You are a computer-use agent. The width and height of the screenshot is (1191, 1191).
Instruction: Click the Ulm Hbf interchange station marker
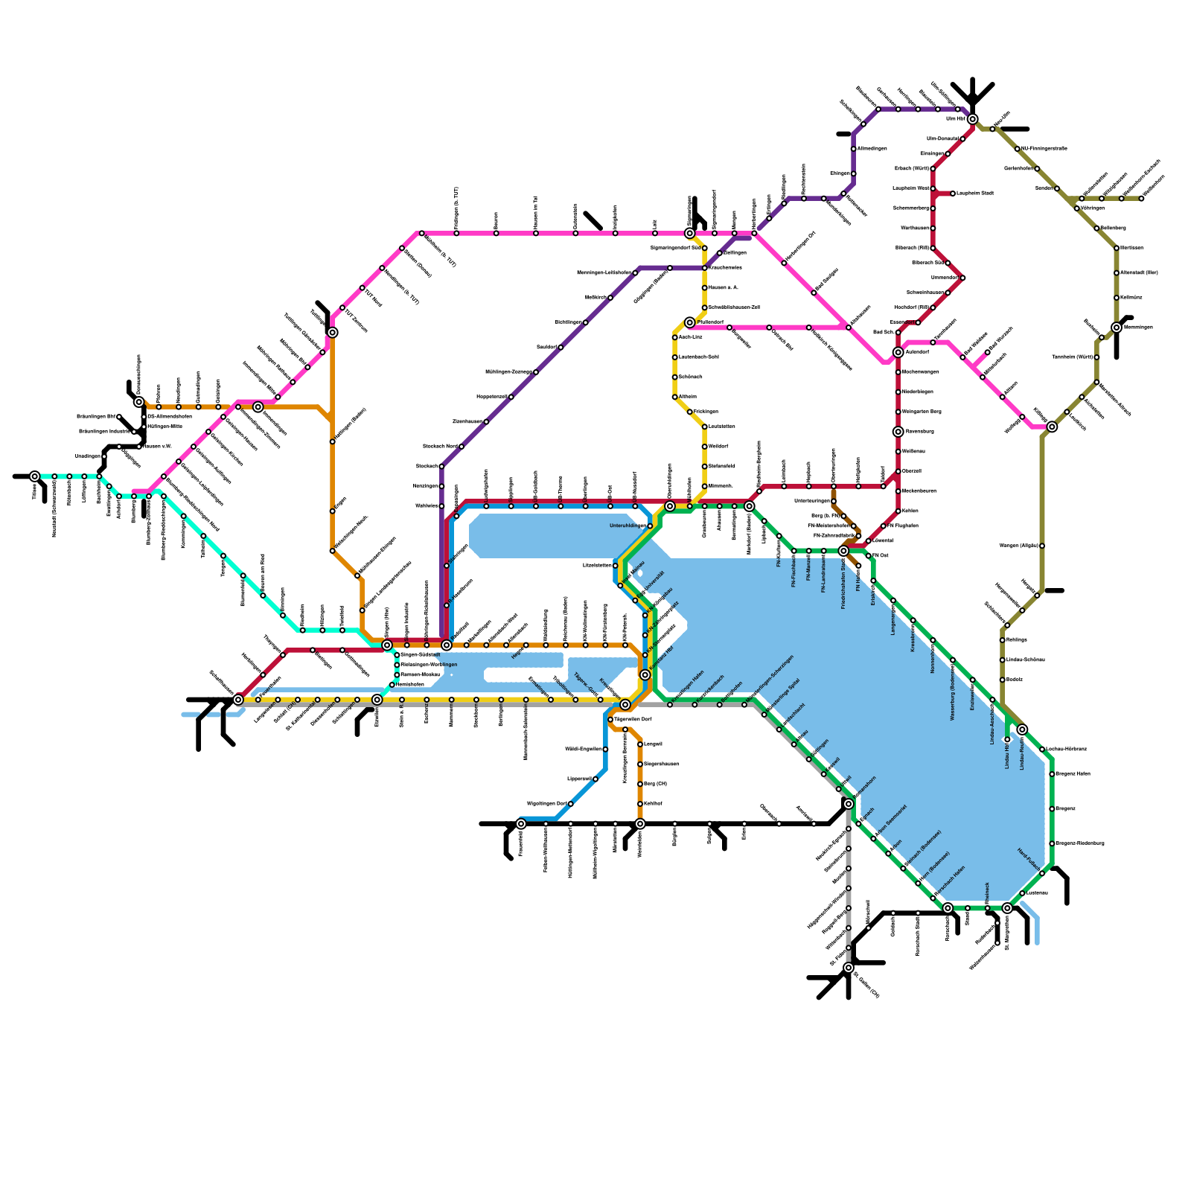pyautogui.click(x=972, y=119)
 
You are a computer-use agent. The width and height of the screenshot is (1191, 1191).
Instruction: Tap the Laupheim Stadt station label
pyautogui.click(x=974, y=194)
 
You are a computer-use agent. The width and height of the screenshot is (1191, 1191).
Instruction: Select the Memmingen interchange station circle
pyautogui.click(x=1117, y=328)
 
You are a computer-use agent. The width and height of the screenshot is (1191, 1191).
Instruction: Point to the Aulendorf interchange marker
pyautogui.click(x=898, y=352)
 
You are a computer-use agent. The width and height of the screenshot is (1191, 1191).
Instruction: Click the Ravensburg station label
pyautogui.click(x=919, y=432)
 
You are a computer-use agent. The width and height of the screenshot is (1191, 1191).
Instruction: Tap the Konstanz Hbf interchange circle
pyautogui.click(x=645, y=675)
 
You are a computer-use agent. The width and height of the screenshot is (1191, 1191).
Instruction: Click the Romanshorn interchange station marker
pyautogui.click(x=849, y=804)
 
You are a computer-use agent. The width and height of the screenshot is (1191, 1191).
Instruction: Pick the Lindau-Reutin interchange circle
pyautogui.click(x=1022, y=729)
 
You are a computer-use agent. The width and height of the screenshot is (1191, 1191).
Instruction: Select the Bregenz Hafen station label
pyautogui.click(x=1073, y=774)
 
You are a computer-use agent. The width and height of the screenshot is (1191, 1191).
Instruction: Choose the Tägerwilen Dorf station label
pyautogui.click(x=632, y=720)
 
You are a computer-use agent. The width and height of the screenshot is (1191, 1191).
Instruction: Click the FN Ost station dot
pyautogui.click(x=869, y=556)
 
